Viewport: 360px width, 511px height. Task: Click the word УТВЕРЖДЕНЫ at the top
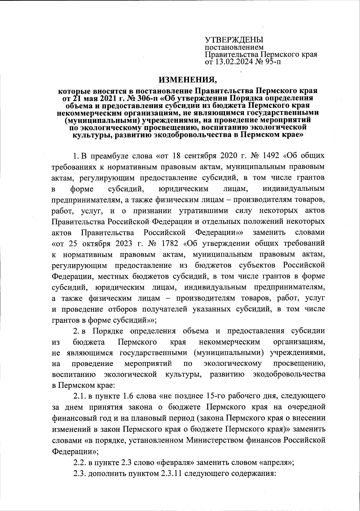point(234,40)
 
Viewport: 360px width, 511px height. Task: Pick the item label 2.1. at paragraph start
point(79,396)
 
